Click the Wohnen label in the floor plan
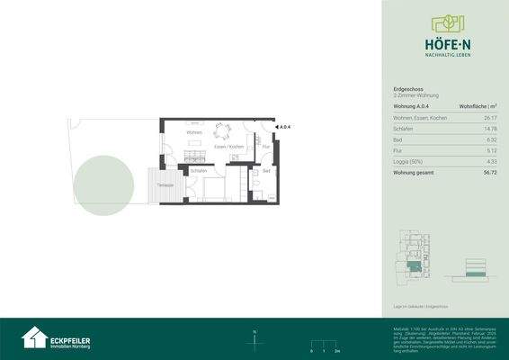[x=193, y=133]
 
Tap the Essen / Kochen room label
[x=229, y=147]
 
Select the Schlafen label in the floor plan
[x=199, y=169]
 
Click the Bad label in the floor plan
[x=266, y=170]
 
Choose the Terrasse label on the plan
[x=165, y=184]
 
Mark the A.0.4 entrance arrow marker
[x=283, y=128]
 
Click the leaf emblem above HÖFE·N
[x=445, y=22]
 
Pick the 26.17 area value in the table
[x=489, y=119]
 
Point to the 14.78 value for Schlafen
[x=489, y=129]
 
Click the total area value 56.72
[x=489, y=171]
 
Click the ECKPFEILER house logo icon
[x=35, y=337]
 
